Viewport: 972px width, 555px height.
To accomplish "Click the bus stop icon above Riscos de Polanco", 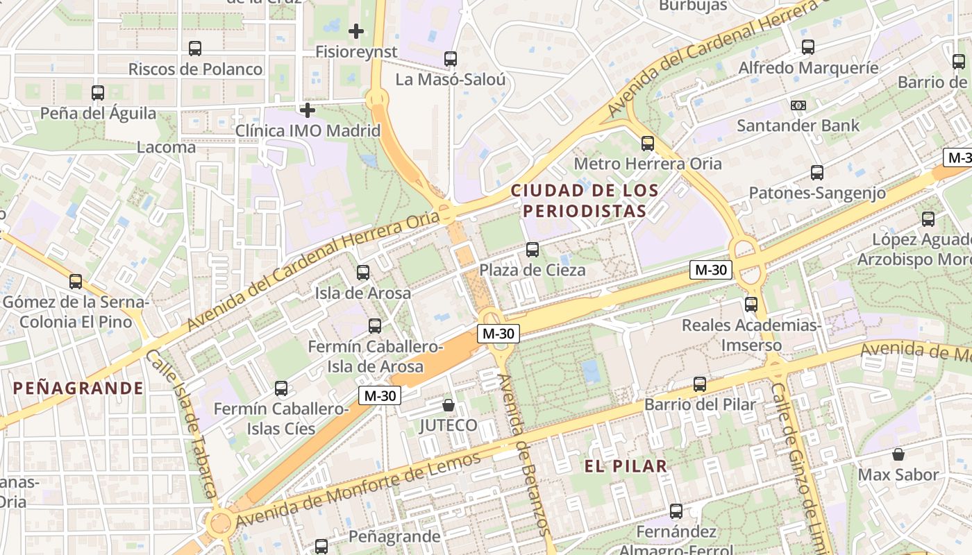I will point(195,49).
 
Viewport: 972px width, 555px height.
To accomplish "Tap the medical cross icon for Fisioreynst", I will point(356,31).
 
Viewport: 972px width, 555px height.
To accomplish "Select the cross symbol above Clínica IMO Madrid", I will point(308,110).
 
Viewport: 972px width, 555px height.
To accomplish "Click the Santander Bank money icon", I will point(798,105).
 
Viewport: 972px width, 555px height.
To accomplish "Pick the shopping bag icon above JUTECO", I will point(449,404).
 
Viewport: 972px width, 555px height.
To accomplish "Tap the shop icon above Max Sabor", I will point(898,454).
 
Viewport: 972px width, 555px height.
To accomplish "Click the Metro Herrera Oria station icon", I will point(648,144).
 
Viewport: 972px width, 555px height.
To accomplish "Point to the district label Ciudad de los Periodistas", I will point(585,200).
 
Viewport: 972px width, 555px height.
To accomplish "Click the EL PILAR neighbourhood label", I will point(626,466).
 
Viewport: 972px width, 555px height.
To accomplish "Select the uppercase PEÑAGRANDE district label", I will point(78,388).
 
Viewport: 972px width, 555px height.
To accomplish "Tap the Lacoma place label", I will point(166,147).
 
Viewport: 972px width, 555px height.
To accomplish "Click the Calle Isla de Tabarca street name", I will point(183,423).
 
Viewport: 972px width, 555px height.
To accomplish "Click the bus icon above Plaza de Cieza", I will point(533,250).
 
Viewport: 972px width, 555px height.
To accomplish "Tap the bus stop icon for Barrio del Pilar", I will point(700,384).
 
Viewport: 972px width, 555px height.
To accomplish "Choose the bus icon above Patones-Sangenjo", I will point(817,173).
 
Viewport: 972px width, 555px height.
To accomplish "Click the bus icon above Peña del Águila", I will point(98,93).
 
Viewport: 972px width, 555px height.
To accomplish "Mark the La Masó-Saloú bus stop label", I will point(451,79).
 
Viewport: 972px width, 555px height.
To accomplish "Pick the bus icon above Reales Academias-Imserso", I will point(751,305).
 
